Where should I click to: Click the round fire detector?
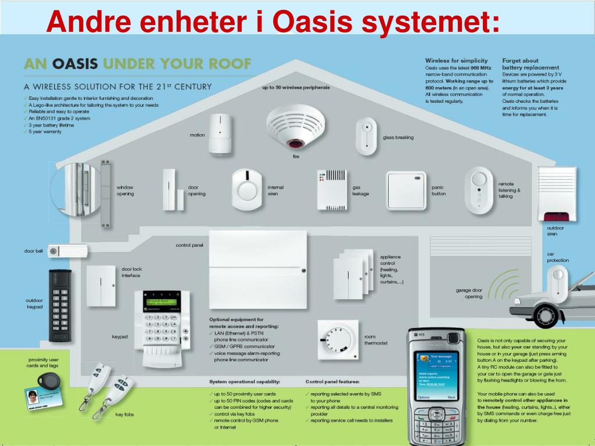click(x=295, y=125)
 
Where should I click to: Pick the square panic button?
click(x=406, y=189)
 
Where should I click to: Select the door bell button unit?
click(x=67, y=251)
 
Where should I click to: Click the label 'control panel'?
click(x=189, y=245)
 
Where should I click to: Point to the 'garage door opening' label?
click(x=469, y=293)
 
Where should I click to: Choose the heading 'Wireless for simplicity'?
click(x=456, y=60)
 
